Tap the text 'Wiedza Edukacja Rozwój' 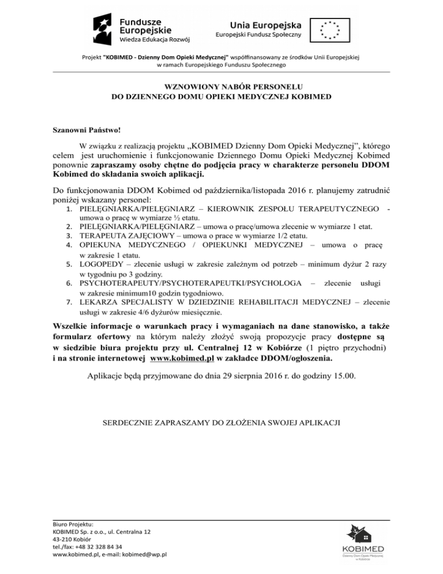pyautogui.click(x=155, y=40)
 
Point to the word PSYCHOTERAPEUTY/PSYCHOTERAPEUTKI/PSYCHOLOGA pyautogui.click(x=190, y=283)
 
